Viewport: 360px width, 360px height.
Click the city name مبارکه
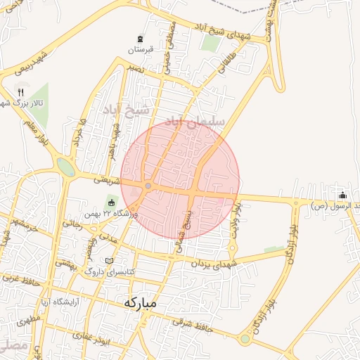click(141, 302)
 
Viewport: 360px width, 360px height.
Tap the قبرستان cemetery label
click(140, 51)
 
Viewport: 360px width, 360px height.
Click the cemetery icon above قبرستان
click(140, 38)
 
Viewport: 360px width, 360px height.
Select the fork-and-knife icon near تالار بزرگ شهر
click(21, 91)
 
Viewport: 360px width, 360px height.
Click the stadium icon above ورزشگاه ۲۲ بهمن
click(110, 204)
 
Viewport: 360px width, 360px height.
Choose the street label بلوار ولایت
click(238, 218)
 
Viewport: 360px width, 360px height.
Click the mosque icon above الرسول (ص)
click(342, 195)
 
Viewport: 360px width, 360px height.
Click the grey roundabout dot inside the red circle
click(148, 186)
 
